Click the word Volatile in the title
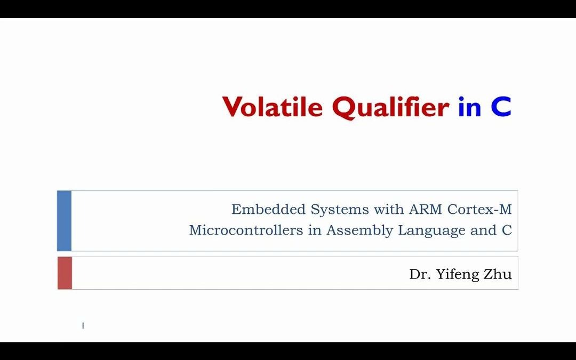[273, 107]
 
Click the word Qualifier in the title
[390, 107]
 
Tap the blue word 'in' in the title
[469, 107]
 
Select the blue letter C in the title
[501, 107]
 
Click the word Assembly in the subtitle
[353, 231]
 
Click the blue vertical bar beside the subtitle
[64, 221]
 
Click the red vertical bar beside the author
[65, 273]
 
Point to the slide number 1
[83, 325]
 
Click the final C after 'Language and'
[507, 230]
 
